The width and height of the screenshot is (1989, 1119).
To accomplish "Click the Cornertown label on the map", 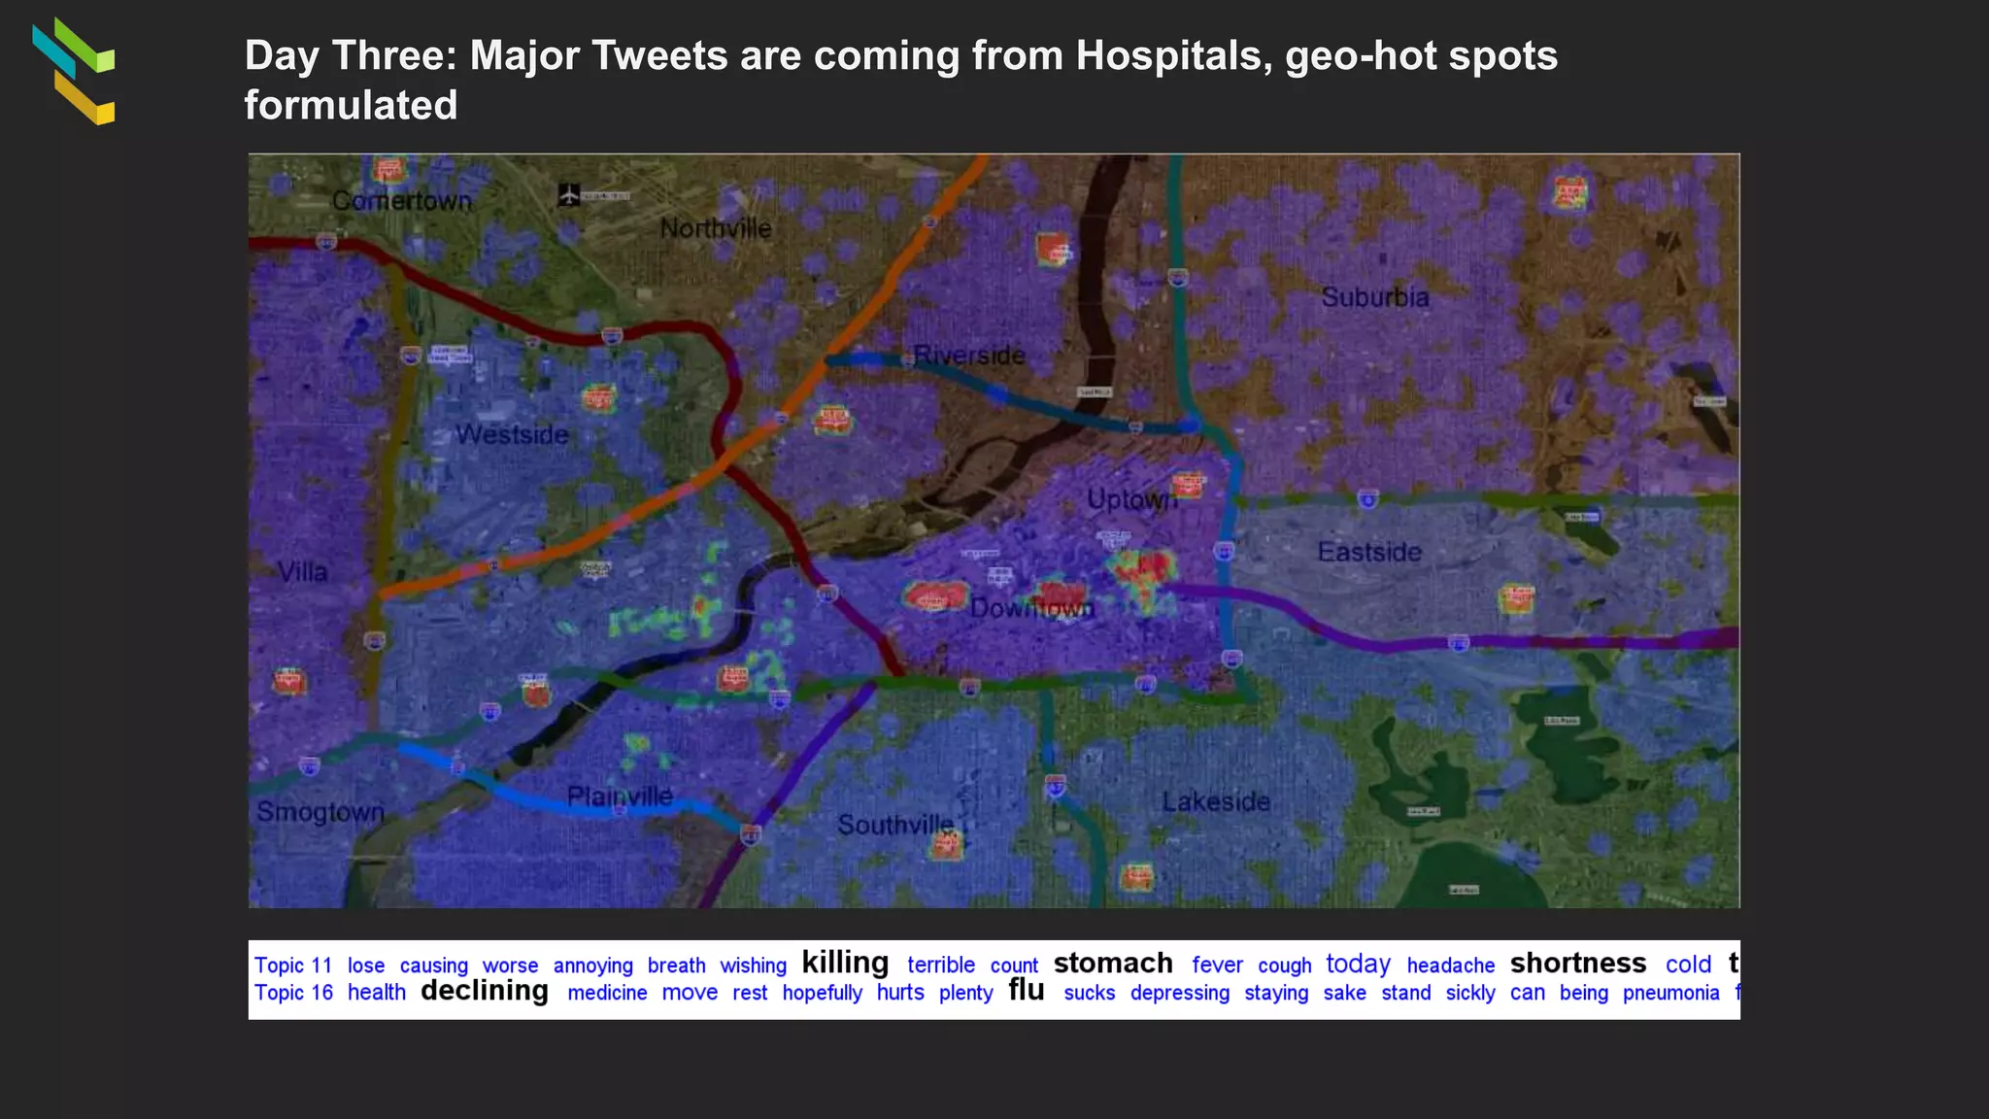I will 401,201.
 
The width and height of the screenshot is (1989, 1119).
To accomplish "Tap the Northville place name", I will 716,229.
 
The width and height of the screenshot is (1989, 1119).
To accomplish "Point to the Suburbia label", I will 1374,297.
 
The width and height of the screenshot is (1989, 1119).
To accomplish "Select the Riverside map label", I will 969,356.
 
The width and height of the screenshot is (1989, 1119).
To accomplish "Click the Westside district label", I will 512,434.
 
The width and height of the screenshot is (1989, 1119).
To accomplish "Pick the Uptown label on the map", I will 1131,499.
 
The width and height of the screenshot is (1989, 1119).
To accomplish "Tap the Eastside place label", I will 1369,552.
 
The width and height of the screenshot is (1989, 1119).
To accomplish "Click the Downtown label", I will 1031,609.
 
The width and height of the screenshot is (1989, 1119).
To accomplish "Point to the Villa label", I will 303,572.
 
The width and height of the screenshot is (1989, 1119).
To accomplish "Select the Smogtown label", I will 320,812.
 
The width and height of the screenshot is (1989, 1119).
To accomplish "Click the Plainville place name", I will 620,797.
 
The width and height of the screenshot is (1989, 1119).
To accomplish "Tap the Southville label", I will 895,825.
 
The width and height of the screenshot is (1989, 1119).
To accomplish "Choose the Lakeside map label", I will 1216,801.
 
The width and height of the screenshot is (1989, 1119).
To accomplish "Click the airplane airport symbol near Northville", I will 569,195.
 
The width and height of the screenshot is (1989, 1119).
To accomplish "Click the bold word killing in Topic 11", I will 845,963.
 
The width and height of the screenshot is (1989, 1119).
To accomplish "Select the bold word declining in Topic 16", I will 485,991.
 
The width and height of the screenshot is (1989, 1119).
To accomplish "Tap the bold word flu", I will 1027,990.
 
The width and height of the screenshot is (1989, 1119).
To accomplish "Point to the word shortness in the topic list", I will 1578,963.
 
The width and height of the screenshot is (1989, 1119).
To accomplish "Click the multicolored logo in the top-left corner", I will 74,71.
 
